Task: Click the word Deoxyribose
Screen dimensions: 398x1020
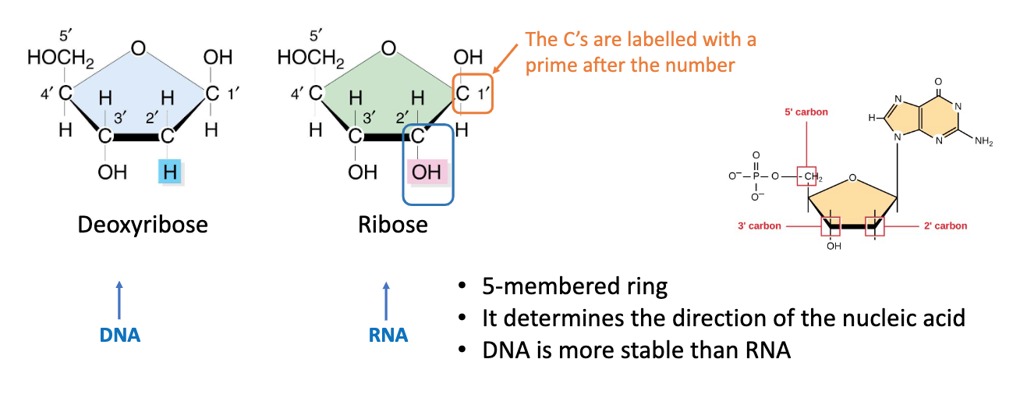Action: click(143, 226)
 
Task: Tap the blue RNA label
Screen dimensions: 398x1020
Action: click(388, 335)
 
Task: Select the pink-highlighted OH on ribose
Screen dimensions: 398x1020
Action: click(427, 172)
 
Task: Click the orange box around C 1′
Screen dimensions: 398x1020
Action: click(473, 94)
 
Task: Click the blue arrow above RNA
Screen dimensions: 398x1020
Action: click(388, 299)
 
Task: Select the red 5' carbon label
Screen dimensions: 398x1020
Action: click(806, 112)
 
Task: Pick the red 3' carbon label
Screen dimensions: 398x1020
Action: click(760, 226)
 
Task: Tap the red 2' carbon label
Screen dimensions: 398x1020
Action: click(945, 226)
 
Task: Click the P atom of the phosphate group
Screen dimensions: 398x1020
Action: click(756, 176)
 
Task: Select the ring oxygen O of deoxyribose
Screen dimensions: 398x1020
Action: click(138, 48)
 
